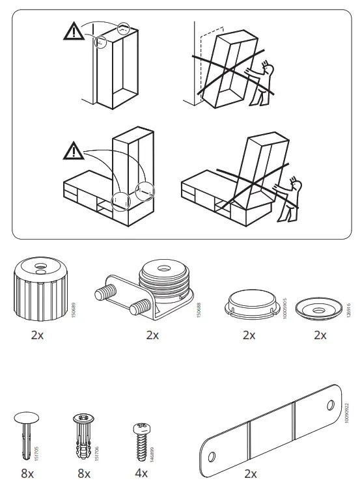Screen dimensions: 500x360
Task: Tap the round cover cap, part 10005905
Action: click(x=248, y=302)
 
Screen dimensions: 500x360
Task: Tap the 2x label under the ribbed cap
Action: click(x=38, y=335)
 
